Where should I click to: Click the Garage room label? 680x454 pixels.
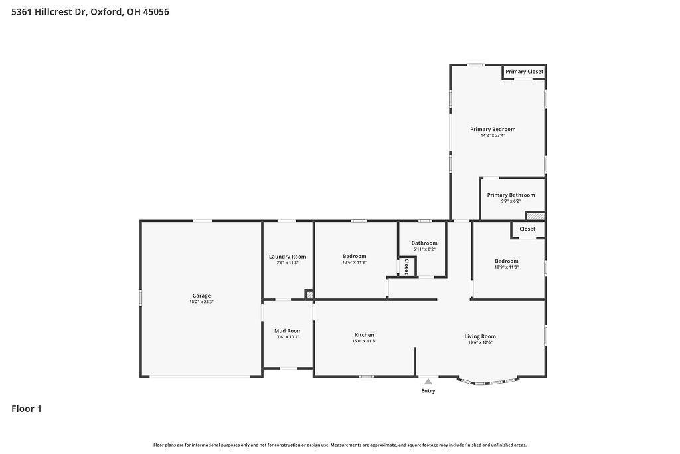click(x=201, y=296)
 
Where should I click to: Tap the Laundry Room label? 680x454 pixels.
click(x=288, y=257)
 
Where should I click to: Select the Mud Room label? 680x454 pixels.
click(x=288, y=331)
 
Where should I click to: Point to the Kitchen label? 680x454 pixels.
click(x=365, y=335)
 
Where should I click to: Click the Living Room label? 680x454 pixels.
click(x=480, y=336)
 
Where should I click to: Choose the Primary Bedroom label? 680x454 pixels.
click(x=493, y=129)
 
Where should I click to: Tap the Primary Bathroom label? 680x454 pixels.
click(x=511, y=195)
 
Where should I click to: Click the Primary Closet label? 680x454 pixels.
click(x=525, y=72)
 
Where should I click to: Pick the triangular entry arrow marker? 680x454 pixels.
click(x=428, y=382)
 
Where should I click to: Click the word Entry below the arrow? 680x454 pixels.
click(x=428, y=391)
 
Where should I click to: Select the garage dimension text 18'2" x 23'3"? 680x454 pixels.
click(x=201, y=302)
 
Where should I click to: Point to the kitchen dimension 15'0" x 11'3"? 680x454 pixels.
click(x=365, y=341)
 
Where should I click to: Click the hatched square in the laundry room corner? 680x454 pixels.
click(x=309, y=294)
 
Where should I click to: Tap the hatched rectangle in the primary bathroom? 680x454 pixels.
click(x=536, y=216)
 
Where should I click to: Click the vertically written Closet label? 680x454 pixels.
click(x=406, y=267)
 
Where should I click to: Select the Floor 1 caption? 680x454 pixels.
click(x=27, y=409)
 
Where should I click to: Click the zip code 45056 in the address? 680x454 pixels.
click(x=156, y=12)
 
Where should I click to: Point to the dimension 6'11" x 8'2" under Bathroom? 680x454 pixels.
click(x=424, y=249)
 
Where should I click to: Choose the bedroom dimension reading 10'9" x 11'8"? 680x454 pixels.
click(x=507, y=267)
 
